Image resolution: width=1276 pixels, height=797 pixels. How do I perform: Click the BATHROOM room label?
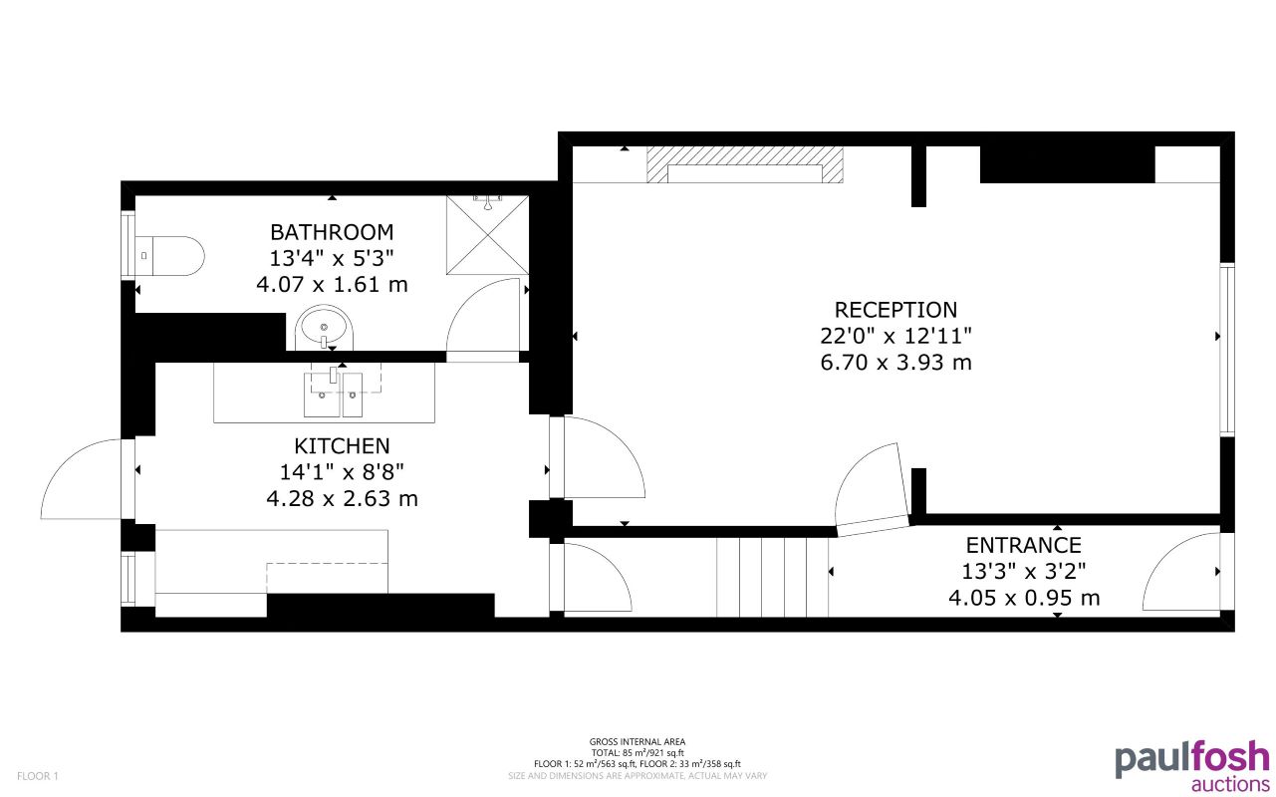pyautogui.click(x=332, y=232)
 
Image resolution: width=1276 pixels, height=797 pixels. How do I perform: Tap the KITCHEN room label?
pyautogui.click(x=342, y=445)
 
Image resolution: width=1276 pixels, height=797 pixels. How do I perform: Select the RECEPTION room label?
pyautogui.click(x=895, y=310)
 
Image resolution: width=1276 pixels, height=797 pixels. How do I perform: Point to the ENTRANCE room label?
pyautogui.click(x=1023, y=545)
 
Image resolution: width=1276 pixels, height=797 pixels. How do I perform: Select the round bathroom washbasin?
pyautogui.click(x=325, y=327)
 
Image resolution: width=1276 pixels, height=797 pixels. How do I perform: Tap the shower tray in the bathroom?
pyautogui.click(x=487, y=234)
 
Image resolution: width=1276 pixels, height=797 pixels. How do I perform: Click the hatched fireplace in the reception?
pyautogui.click(x=745, y=165)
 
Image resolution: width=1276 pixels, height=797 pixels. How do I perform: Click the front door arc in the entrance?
pyautogui.click(x=1180, y=573)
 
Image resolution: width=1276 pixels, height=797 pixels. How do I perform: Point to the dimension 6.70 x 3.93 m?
pyautogui.click(x=895, y=363)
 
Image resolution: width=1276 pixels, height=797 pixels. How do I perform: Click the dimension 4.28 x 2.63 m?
pyautogui.click(x=342, y=498)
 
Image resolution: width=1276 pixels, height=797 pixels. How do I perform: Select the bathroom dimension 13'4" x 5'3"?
pyautogui.click(x=332, y=258)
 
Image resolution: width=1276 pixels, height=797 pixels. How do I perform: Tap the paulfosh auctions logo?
pyautogui.click(x=1191, y=764)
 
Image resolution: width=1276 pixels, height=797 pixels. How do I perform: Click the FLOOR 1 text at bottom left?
pyautogui.click(x=38, y=776)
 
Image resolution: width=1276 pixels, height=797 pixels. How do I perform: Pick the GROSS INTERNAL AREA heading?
pyautogui.click(x=637, y=741)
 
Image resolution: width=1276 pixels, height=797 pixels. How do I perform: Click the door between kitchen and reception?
pyautogui.click(x=598, y=458)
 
